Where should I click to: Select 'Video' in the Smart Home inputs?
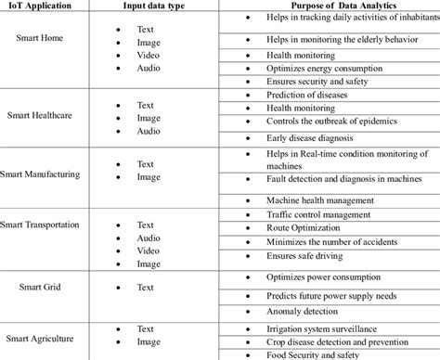[149, 54]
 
